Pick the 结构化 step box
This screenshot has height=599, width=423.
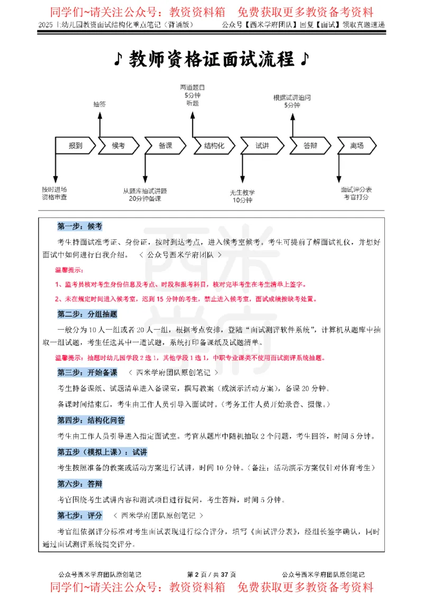(214, 146)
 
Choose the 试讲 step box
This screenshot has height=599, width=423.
(262, 146)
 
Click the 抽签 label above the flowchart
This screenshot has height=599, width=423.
(99, 104)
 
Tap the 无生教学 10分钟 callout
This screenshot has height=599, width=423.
(242, 196)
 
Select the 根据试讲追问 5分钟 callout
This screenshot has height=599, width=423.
(292, 101)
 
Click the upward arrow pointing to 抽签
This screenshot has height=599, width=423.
(99, 124)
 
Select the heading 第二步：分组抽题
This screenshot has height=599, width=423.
(87, 314)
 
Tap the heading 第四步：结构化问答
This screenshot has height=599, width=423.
(90, 421)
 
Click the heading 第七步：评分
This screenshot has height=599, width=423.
(79, 515)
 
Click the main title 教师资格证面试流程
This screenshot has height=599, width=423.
(212, 59)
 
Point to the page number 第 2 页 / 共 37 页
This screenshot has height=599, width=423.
(212, 575)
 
